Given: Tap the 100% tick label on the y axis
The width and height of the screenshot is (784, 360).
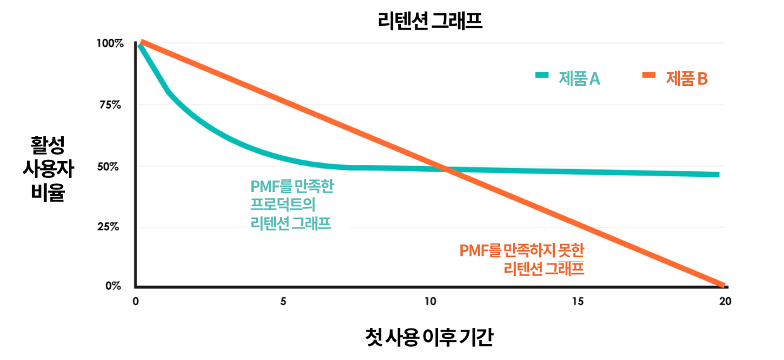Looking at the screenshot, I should tap(110, 44).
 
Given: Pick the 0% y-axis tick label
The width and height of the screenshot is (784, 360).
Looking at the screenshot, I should tap(113, 286).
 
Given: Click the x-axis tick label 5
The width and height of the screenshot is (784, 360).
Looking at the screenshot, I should tap(283, 301).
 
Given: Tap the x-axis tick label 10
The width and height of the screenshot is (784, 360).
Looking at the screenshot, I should tap(431, 301).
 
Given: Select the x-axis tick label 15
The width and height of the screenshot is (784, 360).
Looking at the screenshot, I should tap(578, 301).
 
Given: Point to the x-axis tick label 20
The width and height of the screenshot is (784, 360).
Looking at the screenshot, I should tap(725, 301).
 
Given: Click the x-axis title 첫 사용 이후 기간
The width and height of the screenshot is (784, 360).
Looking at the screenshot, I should tap(429, 337).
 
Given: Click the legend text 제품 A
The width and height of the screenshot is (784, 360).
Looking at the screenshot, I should tap(578, 78).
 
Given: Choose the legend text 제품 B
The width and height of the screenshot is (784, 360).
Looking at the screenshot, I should tap(686, 78).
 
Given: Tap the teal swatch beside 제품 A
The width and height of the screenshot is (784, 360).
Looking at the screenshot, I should tap(542, 75).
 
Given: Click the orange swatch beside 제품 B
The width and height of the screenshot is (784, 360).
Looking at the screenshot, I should tap(650, 75).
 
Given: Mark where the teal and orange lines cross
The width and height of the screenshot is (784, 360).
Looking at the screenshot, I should tap(446, 169).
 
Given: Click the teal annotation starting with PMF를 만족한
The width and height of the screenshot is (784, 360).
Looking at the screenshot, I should tap(292, 205).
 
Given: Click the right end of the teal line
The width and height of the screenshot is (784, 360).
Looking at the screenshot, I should tap(718, 174).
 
